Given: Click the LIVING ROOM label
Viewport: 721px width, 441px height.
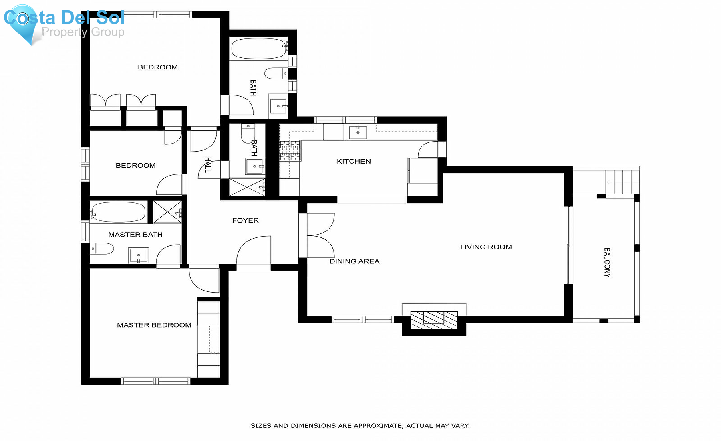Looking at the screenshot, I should (486, 247).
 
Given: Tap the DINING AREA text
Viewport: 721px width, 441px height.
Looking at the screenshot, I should (354, 261).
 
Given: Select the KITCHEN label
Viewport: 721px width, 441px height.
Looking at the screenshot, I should (354, 161).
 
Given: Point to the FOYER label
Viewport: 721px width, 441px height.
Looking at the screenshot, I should (245, 220).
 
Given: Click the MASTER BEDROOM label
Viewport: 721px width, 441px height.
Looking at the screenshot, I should (154, 325).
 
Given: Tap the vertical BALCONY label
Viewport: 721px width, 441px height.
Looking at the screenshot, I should (607, 263).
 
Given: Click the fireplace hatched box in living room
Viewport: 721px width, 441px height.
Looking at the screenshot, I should (434, 320).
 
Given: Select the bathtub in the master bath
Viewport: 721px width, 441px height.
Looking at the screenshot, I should (118, 212).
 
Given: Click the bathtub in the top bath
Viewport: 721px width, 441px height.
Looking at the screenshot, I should (258, 48).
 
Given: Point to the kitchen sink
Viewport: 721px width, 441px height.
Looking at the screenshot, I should (358, 131).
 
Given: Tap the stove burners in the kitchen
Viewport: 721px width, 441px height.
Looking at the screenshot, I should (290, 150).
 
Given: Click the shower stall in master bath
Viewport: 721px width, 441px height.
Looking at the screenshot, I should (167, 212).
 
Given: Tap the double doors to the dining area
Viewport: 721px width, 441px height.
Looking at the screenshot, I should (320, 235).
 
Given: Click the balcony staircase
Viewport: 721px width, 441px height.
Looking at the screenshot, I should (622, 182).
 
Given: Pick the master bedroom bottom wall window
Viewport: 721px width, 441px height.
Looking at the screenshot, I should (155, 381).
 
